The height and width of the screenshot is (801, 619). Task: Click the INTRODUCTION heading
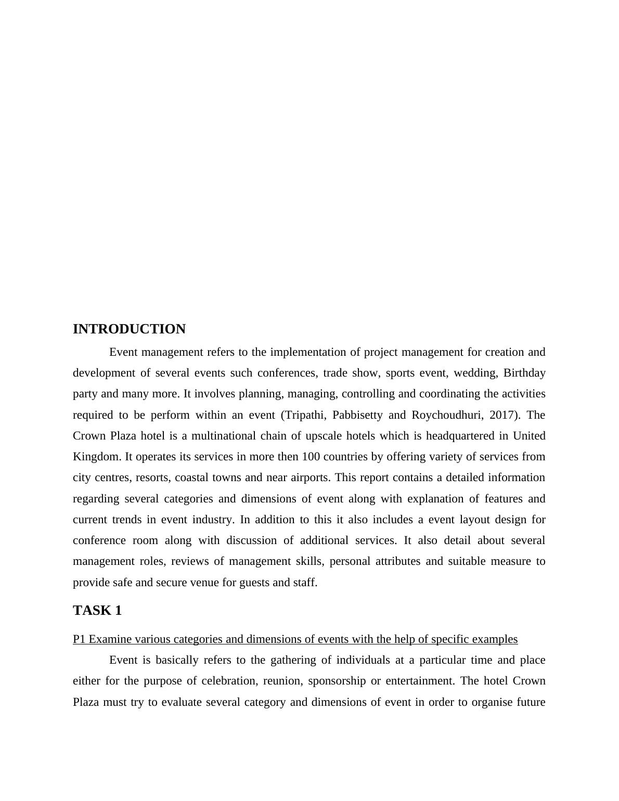pos(129,329)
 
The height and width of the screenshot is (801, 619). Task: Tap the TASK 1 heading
pos(97,611)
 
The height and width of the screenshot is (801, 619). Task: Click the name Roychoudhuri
pos(447,415)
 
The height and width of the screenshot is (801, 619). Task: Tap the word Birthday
pos(524,373)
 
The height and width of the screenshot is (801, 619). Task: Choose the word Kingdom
pos(96,457)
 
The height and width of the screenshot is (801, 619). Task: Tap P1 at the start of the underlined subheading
pos(79,639)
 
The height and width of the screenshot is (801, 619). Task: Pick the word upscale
pos(325,436)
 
